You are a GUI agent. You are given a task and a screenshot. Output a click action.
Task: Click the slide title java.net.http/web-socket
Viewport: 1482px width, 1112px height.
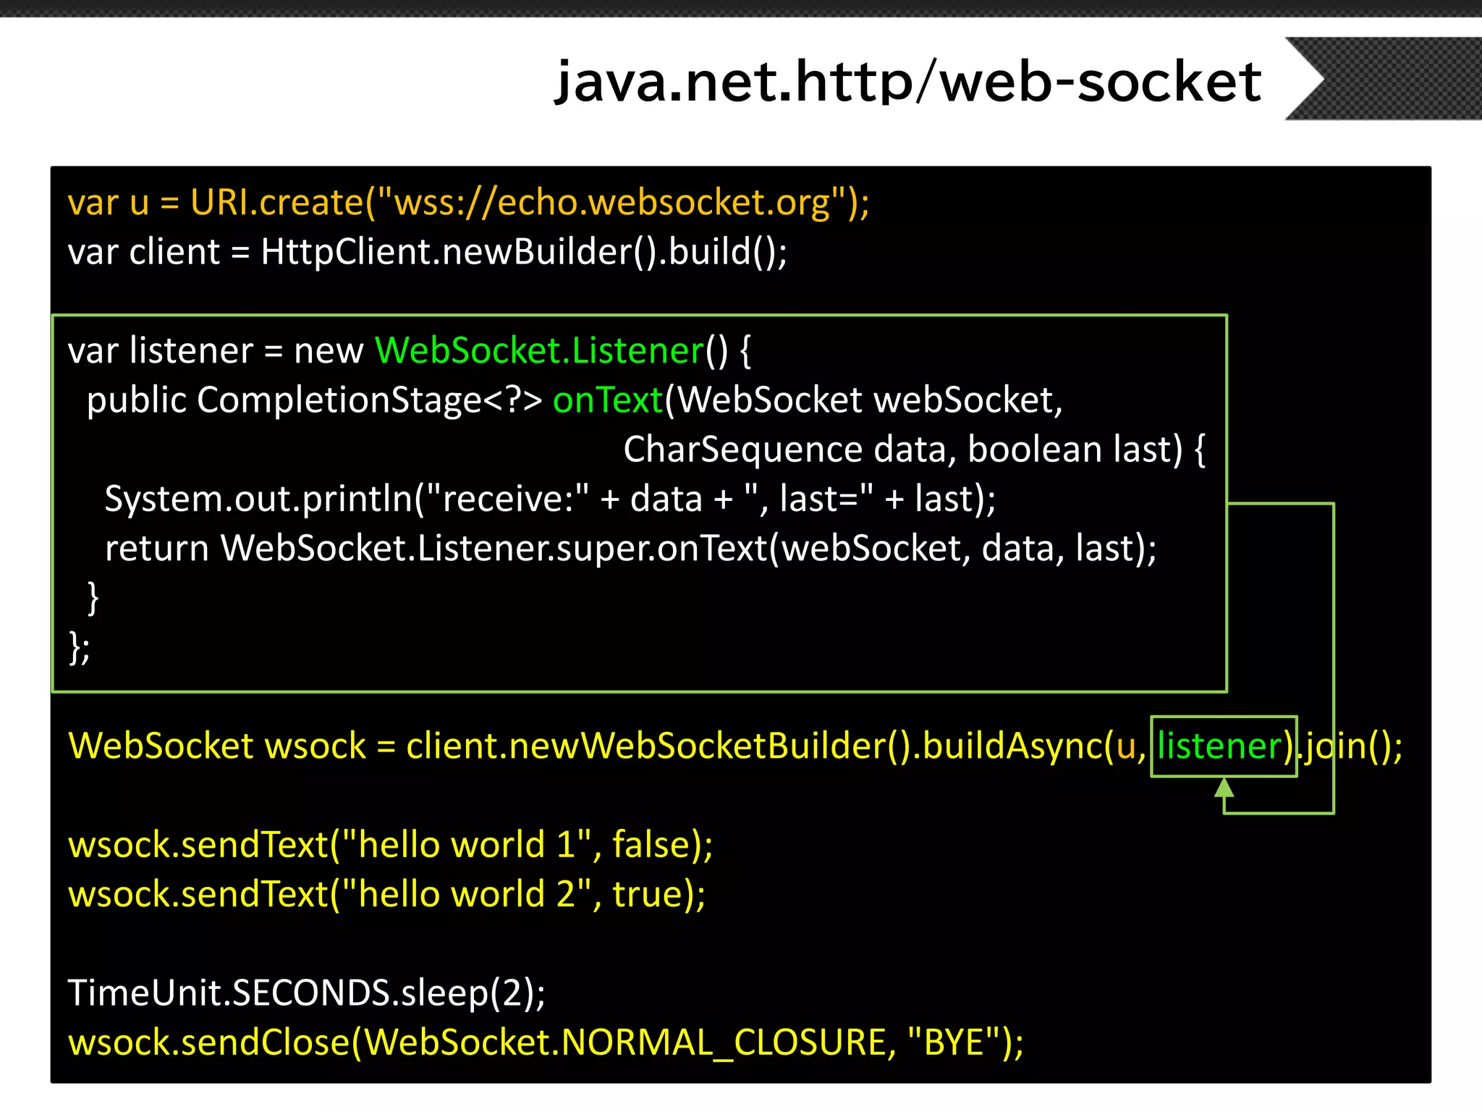(907, 82)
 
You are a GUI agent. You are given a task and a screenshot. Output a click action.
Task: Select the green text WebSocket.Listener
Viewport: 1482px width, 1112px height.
(539, 351)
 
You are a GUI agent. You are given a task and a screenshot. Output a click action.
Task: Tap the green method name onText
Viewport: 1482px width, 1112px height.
(607, 400)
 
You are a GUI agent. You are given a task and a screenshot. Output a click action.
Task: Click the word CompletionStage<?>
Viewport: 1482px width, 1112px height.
(369, 400)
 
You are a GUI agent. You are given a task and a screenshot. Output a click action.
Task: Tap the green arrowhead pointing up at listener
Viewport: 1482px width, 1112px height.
(1224, 788)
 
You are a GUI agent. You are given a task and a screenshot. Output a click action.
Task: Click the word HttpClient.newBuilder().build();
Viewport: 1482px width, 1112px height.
(524, 252)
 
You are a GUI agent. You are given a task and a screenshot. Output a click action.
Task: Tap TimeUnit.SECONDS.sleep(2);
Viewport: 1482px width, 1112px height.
(307, 993)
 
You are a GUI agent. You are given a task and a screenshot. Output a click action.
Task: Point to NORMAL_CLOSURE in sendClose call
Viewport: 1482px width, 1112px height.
(724, 1042)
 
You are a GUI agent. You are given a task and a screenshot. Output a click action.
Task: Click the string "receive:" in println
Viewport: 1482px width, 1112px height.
(508, 500)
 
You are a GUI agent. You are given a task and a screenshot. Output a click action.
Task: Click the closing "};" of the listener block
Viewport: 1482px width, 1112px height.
(79, 647)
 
